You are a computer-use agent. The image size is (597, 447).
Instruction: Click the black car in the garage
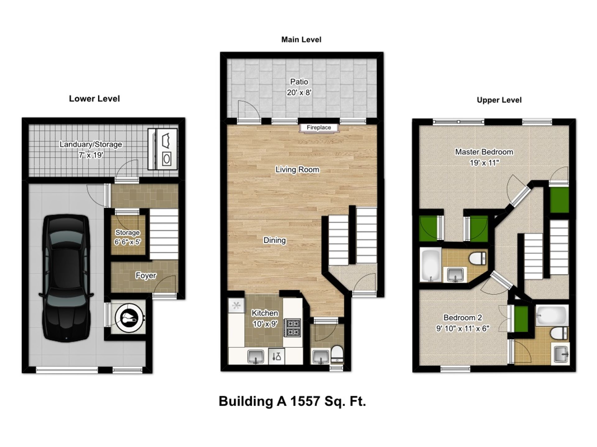coord(66,278)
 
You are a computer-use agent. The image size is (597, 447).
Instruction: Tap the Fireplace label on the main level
coord(319,128)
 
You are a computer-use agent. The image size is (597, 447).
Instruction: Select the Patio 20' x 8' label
coord(299,87)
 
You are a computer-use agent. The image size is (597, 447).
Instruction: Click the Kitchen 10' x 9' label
coord(265,318)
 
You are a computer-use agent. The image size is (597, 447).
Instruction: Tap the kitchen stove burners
coord(293,328)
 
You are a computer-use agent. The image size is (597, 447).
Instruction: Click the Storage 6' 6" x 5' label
coord(127,237)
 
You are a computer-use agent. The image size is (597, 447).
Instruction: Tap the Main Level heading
coord(301,40)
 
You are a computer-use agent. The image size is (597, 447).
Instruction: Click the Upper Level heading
coord(499,100)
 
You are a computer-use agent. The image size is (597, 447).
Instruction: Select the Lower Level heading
coord(94,99)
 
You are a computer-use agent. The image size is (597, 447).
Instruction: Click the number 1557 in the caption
coord(305,401)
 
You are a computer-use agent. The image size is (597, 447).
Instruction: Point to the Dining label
coord(274,240)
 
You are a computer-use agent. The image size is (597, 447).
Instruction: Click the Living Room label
coord(297,169)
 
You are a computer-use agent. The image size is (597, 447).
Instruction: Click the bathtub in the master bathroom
coord(430,264)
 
